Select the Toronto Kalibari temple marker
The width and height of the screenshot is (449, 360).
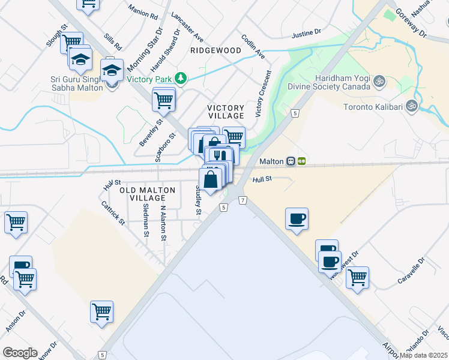411,107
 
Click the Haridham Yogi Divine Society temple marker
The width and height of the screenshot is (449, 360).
379,80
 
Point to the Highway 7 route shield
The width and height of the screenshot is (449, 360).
242,200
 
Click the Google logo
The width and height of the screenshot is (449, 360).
20,352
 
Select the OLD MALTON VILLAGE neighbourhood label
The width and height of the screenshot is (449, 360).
148,194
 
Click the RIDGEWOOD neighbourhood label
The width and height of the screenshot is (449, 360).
215,51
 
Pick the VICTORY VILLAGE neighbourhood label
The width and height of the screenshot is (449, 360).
226,112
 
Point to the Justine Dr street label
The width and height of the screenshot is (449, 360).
307,34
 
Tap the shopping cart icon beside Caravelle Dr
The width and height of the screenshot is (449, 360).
357,278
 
